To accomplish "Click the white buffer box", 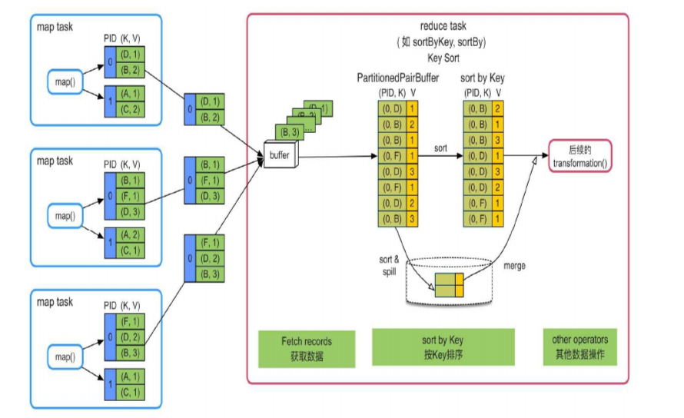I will tap(281, 157).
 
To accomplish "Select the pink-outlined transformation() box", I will tap(580, 156).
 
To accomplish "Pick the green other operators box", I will tap(579, 347).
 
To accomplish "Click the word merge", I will tap(514, 266).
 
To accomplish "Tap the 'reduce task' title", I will tap(443, 27).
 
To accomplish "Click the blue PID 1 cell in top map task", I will tap(110, 101).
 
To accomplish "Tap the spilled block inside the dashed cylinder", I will tap(450, 284).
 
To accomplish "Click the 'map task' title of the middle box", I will tap(55, 161).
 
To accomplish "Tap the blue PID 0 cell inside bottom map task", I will tap(110, 336).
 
